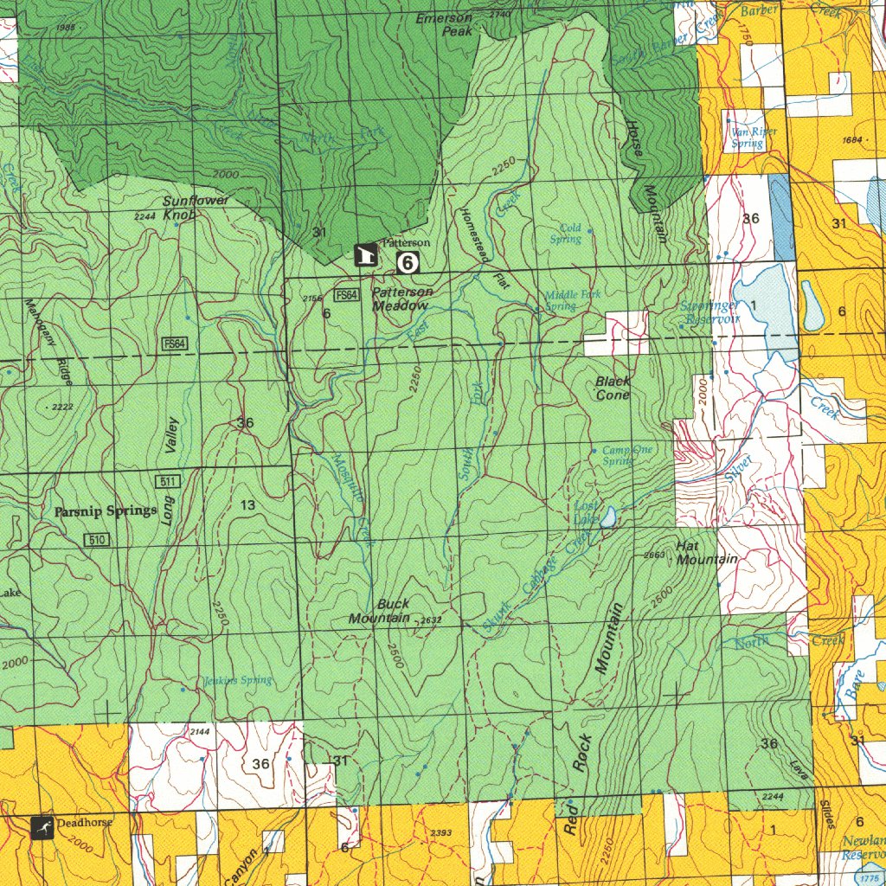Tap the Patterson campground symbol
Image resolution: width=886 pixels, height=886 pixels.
point(365,255)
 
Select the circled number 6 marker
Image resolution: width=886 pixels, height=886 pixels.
point(408,262)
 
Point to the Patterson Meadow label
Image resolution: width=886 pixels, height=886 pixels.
point(401,299)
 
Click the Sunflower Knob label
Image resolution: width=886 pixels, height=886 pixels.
point(196,207)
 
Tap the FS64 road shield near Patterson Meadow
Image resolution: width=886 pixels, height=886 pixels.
point(347,295)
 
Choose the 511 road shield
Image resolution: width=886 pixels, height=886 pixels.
point(168,481)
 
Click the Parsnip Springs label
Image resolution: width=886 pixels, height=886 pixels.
point(106,511)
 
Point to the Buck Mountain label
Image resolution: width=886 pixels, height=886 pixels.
point(381,611)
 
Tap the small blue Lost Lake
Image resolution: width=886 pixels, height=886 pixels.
point(609,517)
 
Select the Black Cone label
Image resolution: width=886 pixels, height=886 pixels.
point(613,388)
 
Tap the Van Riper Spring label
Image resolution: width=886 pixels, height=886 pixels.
point(754,138)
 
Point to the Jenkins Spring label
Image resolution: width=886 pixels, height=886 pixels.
point(237,680)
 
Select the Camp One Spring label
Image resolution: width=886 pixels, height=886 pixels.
point(627,455)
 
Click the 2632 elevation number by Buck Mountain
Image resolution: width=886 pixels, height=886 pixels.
point(430,620)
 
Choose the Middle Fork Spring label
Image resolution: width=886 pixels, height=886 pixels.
point(572,300)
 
